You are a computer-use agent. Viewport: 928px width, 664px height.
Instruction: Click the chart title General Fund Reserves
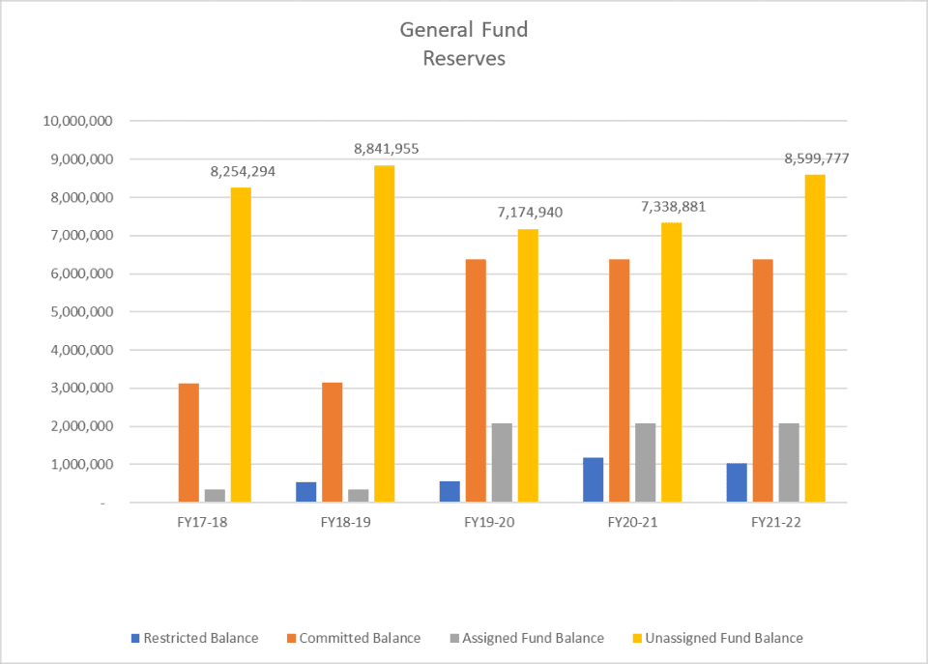click(x=464, y=43)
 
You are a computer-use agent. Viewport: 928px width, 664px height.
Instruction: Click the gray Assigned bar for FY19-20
click(x=502, y=462)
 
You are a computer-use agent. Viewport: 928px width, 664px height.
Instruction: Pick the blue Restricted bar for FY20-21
click(x=593, y=479)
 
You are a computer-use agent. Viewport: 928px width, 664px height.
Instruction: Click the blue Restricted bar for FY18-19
click(x=305, y=492)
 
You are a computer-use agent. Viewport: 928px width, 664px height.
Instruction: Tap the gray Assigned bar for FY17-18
click(x=215, y=496)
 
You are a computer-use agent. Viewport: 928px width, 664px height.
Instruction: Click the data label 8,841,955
click(x=386, y=149)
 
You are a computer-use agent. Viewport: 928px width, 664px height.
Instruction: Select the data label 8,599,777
click(x=816, y=159)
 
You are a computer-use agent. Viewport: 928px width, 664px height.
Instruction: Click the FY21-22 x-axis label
click(x=775, y=523)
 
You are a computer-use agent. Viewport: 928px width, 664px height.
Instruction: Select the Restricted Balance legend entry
click(x=194, y=638)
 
